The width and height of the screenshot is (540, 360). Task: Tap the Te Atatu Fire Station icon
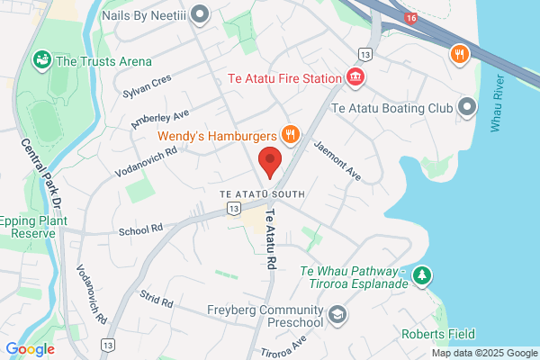pyautogui.click(x=355, y=76)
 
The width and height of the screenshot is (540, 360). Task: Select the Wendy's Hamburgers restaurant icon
pyautogui.click(x=289, y=135)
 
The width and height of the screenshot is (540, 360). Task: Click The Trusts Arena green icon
pyautogui.click(x=41, y=60)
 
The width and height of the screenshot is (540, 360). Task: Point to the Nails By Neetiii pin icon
pyautogui.click(x=201, y=13)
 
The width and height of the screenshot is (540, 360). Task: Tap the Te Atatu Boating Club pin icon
pyautogui.click(x=466, y=108)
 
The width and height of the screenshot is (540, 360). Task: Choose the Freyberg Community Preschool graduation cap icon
pyautogui.click(x=337, y=314)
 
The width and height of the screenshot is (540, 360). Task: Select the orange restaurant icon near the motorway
pyautogui.click(x=460, y=53)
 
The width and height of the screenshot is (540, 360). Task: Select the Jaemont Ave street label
pyautogui.click(x=337, y=158)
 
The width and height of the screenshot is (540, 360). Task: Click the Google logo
pyautogui.click(x=30, y=348)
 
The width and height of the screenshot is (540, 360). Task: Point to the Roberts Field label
pyautogui.click(x=437, y=334)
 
